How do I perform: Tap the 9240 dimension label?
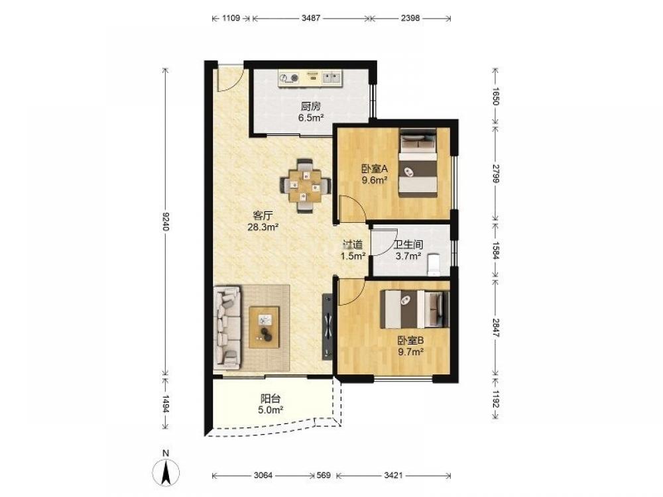click(165, 221)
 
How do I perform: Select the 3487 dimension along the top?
click(311, 18)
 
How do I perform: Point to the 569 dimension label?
click(324, 475)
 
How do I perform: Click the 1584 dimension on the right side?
click(496, 250)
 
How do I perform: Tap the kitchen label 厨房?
click(311, 107)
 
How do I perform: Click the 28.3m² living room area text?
click(263, 227)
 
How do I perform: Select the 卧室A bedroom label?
click(375, 169)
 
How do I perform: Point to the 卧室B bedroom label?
click(410, 340)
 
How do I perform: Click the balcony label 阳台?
click(271, 398)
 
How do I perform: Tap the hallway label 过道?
click(353, 245)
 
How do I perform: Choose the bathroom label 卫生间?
click(408, 245)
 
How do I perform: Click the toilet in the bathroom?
click(434, 264)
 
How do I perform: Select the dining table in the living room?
click(305, 185)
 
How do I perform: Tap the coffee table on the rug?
click(265, 327)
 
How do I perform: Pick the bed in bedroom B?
click(415, 309)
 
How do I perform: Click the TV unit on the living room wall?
click(328, 327)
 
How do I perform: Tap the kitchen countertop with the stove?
click(310, 79)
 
